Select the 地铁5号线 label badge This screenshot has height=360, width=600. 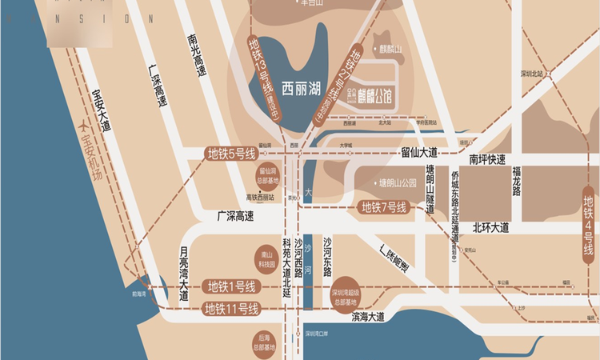[231, 154]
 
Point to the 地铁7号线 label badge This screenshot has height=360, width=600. [385, 208]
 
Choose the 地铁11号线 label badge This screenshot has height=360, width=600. [231, 309]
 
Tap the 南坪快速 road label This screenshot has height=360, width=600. [487, 158]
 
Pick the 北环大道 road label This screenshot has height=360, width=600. [490, 227]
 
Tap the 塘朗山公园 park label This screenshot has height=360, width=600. [398, 182]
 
